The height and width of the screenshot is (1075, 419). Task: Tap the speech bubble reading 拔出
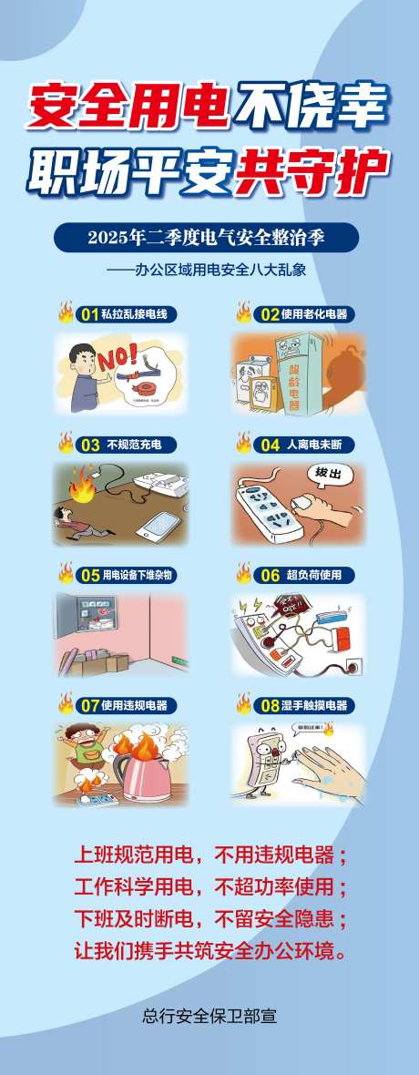click(x=327, y=475)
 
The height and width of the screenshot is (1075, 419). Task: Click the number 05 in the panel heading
click(x=89, y=575)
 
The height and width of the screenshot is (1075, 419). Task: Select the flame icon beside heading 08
click(x=243, y=703)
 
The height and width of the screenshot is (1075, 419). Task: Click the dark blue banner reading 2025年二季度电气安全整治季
click(x=206, y=239)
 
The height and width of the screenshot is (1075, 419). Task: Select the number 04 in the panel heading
click(x=270, y=445)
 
